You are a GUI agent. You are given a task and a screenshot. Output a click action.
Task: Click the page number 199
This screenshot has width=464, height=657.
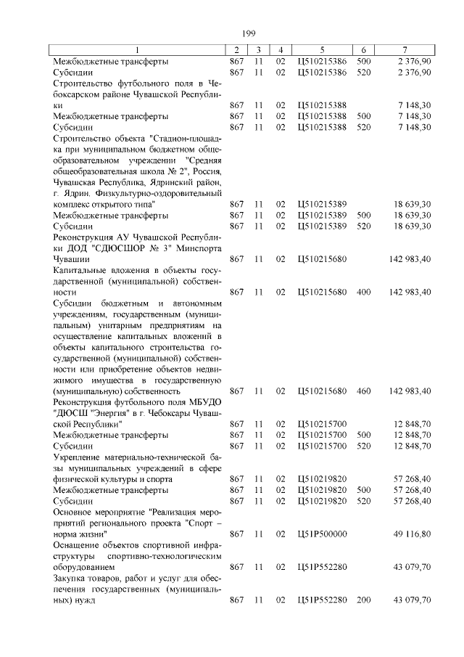point(246,33)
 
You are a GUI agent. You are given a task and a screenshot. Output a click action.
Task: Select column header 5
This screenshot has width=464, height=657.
point(322,49)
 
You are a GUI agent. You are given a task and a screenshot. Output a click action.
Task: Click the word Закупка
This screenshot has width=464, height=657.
point(72,578)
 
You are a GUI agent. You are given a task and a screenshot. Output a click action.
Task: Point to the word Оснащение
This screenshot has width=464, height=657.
point(78,544)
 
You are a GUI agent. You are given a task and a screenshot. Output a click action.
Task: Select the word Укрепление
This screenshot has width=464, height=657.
point(80,457)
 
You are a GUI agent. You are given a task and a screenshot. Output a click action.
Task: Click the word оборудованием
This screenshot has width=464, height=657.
point(83,566)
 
